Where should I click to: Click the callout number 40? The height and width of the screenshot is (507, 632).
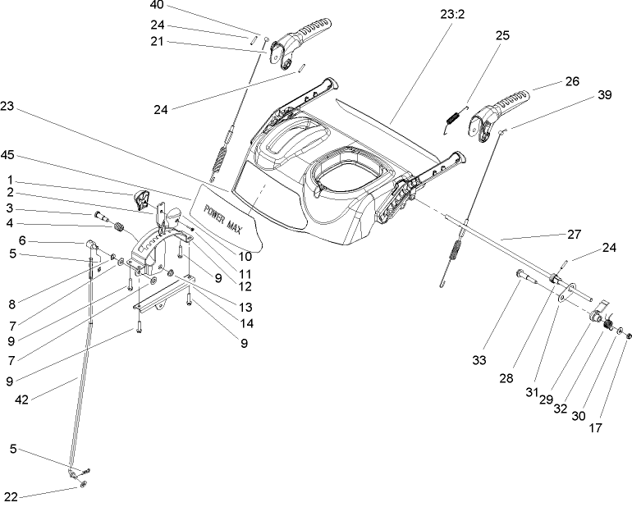point(156,5)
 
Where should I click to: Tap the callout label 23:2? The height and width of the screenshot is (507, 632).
point(451,12)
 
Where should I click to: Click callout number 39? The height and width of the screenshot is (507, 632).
point(604,94)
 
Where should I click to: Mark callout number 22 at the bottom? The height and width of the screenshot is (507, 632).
point(10,497)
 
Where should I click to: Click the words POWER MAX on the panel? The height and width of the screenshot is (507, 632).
point(227,202)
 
